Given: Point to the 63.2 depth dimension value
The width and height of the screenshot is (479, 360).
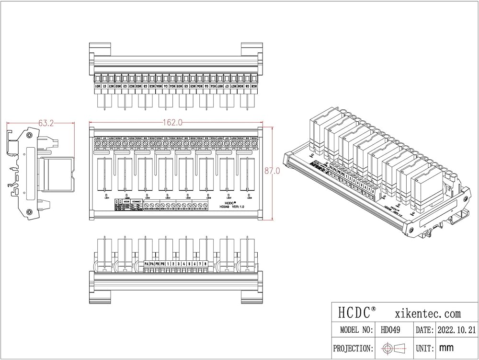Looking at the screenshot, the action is pyautogui.click(x=46, y=123).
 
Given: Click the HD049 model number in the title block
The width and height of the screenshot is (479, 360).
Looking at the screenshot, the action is pyautogui.click(x=391, y=330).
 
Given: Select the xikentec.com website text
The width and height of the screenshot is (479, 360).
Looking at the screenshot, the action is pyautogui.click(x=428, y=314).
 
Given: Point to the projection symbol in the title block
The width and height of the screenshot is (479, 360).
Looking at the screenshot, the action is pyautogui.click(x=393, y=348).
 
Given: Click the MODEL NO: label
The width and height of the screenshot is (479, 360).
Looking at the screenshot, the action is pyautogui.click(x=356, y=330).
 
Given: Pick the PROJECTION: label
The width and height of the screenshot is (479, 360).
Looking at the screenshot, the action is pyautogui.click(x=354, y=348).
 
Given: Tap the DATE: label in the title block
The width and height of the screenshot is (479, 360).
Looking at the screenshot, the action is pyautogui.click(x=422, y=330).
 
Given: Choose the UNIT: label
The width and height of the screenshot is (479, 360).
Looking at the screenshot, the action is pyautogui.click(x=422, y=348).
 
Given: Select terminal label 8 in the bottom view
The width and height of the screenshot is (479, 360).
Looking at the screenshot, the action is pyautogui.click(x=205, y=264).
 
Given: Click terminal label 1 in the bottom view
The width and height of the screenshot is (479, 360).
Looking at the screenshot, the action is pyautogui.click(x=168, y=264).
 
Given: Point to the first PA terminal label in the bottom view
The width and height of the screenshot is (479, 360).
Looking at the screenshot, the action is pyautogui.click(x=147, y=264).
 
